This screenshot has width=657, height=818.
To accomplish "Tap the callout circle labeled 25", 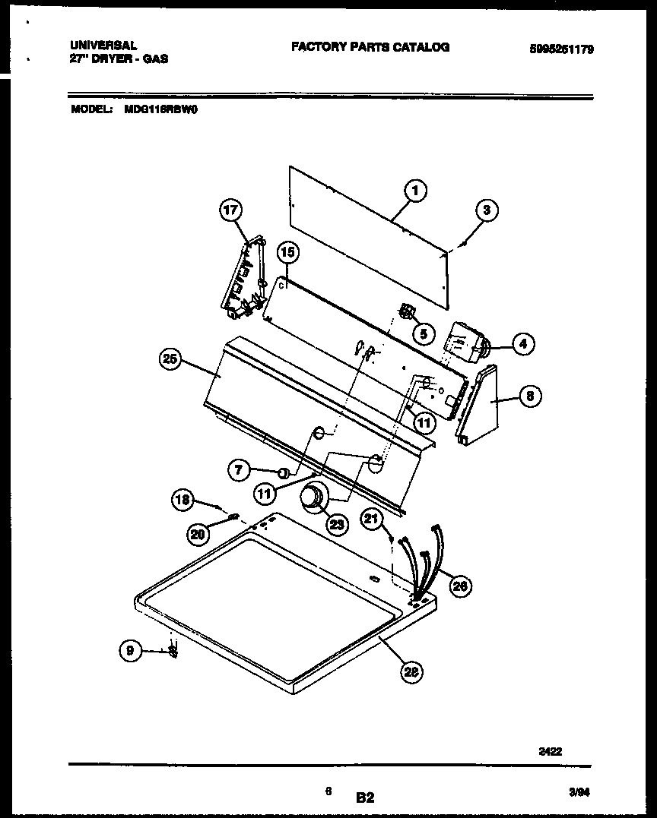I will pos(171,360).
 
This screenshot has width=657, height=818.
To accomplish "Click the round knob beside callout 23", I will pos(312,497).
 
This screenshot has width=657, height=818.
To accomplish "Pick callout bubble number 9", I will pos(130,650).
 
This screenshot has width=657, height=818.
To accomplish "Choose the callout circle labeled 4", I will pos(522,344).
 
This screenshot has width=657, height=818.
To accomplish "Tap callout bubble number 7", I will pos(240,471).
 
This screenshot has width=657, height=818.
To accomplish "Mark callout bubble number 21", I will pos(372,519).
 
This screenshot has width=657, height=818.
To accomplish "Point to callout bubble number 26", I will pos(459,584).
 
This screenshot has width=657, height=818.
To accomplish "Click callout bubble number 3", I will pos(487,210).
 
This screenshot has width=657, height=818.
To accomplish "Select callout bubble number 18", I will pos(182,499).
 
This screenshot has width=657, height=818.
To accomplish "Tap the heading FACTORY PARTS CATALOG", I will pos(370,47).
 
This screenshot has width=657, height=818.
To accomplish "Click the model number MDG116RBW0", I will pos(160,109).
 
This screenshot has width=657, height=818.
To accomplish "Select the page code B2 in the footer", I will pos(365,797).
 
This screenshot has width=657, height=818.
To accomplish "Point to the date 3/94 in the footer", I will pos(579,791).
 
